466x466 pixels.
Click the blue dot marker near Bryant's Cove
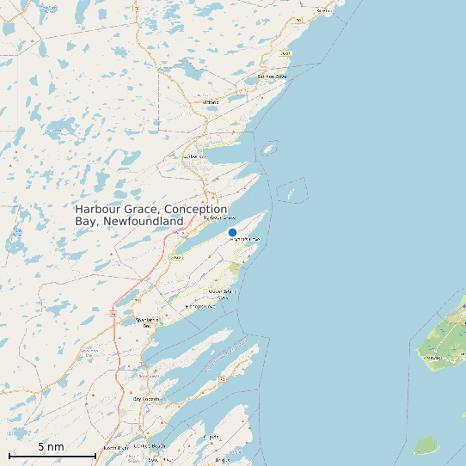pyautogui.click(x=232, y=232)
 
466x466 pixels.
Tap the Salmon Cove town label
pyautogui.click(x=272, y=77)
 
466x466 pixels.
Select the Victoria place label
pyautogui.click(x=211, y=102)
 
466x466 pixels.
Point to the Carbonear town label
pyautogui.click(x=197, y=156)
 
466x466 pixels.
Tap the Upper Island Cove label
pyautogui.click(x=222, y=292)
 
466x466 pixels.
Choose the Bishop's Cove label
pyautogui.click(x=199, y=306)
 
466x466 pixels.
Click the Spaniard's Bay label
pyautogui.click(x=148, y=322)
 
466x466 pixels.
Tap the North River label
pyautogui.click(x=114, y=448)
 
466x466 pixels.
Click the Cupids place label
pyautogui.click(x=212, y=438)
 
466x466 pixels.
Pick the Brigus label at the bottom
pyautogui.click(x=223, y=460)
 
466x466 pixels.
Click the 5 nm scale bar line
pyautogui.click(x=52, y=455)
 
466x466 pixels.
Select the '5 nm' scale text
pyautogui.click(x=51, y=446)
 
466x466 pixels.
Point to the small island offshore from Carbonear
pyautogui.click(x=268, y=149)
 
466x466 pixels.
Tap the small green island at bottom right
pyautogui.click(x=426, y=445)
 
